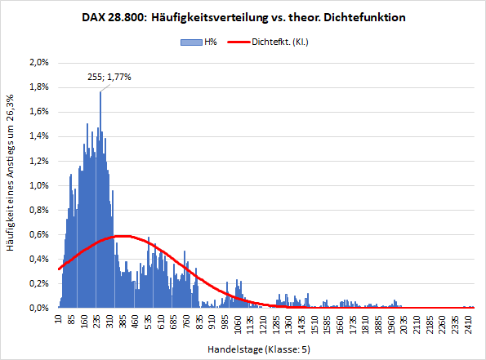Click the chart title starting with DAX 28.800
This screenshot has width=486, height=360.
(243, 16)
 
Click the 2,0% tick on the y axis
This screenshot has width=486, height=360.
(38, 62)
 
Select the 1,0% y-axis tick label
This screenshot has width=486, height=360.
(38, 185)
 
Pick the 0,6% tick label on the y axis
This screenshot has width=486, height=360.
(38, 234)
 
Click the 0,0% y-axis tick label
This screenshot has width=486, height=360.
(38, 309)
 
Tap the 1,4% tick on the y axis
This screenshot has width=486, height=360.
(38, 136)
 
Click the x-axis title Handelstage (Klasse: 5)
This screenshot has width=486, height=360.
(259, 349)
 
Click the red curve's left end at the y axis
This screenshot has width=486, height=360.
(58, 268)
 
